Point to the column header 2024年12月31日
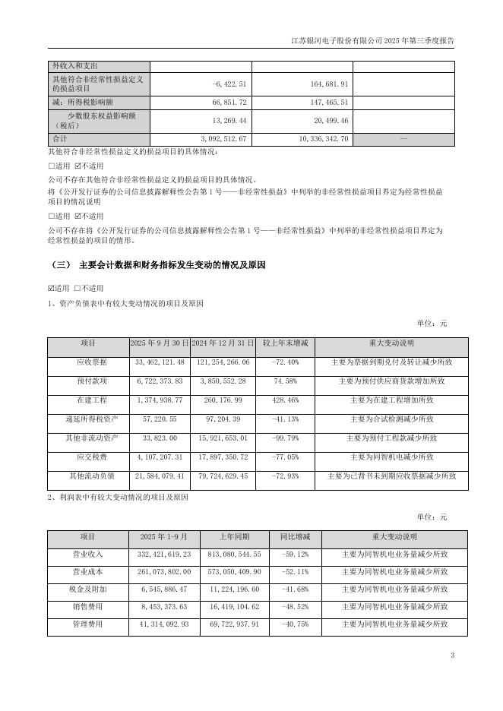coord(220,343)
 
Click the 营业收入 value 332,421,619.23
coord(160,555)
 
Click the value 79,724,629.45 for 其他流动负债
coord(220,476)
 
